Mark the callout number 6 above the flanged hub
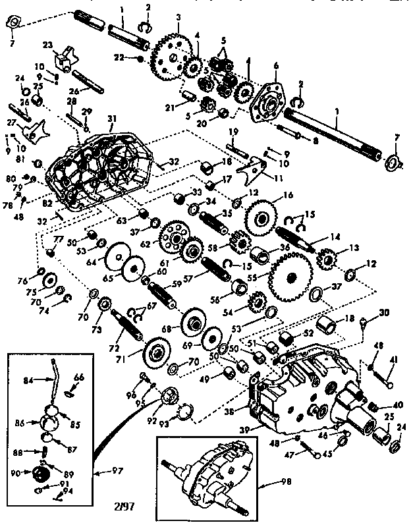(x=275, y=66)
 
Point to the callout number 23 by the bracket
(x=47, y=45)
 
